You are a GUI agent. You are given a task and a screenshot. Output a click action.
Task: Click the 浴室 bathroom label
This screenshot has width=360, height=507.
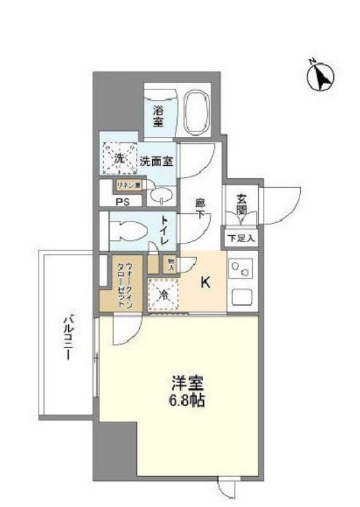(x=158, y=115)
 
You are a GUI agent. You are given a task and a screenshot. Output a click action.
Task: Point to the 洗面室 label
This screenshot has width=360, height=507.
(x=156, y=162)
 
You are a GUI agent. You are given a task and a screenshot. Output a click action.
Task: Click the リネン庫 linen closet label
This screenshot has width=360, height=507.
(x=127, y=185)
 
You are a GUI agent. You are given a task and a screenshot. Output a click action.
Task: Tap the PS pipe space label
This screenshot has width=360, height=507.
(x=123, y=202)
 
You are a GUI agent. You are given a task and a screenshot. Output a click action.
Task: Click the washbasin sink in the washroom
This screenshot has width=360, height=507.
(x=160, y=199)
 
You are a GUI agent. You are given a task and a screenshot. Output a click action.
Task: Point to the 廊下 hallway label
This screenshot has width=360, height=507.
(x=200, y=209)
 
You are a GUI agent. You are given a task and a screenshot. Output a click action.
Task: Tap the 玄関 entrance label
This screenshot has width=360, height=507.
(x=242, y=206)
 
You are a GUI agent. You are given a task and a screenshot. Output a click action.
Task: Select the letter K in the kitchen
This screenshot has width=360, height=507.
(x=205, y=282)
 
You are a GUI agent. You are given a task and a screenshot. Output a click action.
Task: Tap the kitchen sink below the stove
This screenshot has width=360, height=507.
(x=243, y=296)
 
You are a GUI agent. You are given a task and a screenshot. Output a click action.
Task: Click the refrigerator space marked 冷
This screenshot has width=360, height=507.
(x=162, y=294)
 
